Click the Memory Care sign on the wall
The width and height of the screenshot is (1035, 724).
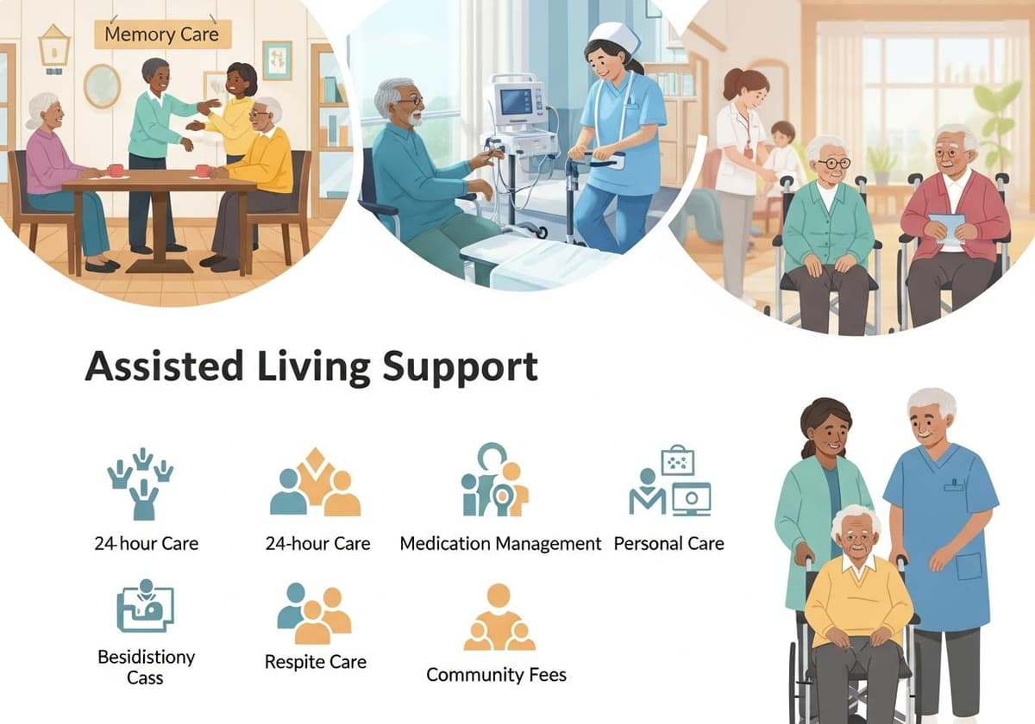click(162, 35)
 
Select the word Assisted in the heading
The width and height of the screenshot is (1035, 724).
click(163, 366)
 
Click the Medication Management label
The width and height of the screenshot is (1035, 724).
click(500, 544)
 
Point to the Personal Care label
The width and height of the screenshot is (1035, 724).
click(668, 544)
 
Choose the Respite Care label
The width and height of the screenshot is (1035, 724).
click(316, 663)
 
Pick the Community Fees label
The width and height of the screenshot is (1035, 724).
click(497, 674)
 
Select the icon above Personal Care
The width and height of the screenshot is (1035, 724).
click(670, 483)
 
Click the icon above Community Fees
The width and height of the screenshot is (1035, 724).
click(499, 618)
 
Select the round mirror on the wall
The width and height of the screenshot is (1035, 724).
click(102, 85)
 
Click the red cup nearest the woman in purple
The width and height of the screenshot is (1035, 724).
click(115, 171)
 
